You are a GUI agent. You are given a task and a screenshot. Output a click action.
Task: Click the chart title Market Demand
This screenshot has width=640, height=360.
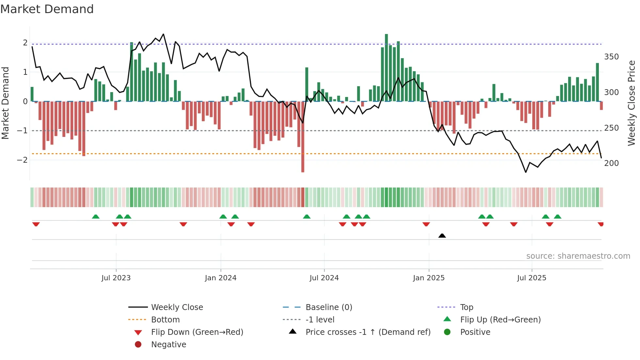(x=47, y=9)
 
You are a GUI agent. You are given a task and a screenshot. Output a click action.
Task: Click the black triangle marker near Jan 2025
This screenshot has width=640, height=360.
(x=442, y=236)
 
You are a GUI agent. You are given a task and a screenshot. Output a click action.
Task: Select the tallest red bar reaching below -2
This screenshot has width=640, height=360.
(x=303, y=137)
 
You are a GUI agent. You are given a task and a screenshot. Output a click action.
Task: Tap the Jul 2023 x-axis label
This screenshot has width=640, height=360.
(x=116, y=278)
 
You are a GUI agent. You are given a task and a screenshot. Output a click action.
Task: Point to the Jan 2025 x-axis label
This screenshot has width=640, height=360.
(x=429, y=278)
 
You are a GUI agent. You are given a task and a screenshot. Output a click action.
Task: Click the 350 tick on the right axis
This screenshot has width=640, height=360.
(x=611, y=57)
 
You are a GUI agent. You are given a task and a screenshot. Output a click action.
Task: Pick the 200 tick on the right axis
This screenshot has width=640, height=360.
(x=611, y=163)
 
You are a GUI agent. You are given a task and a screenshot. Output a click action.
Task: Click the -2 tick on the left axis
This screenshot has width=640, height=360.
(x=22, y=160)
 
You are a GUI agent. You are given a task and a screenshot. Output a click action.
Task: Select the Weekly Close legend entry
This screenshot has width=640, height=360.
(x=177, y=307)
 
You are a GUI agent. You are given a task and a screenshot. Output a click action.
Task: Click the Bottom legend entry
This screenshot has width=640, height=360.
(x=165, y=320)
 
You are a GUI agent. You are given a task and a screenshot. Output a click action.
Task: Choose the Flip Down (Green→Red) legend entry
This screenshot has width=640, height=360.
(x=197, y=332)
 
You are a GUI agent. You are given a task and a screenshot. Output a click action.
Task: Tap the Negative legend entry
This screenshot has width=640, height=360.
(x=168, y=345)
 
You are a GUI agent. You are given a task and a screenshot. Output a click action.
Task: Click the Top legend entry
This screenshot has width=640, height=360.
(x=467, y=307)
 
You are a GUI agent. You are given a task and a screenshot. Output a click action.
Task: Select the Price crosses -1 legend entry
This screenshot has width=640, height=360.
(x=368, y=332)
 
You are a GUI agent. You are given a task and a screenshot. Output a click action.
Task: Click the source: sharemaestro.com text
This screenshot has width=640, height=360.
(x=578, y=256)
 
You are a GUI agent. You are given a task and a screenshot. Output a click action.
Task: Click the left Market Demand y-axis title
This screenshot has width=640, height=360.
(x=5, y=103)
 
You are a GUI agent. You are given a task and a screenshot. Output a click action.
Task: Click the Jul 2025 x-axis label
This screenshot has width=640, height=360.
(x=532, y=278)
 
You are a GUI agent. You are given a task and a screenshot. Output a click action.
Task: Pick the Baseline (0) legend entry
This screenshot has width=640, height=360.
(x=328, y=307)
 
